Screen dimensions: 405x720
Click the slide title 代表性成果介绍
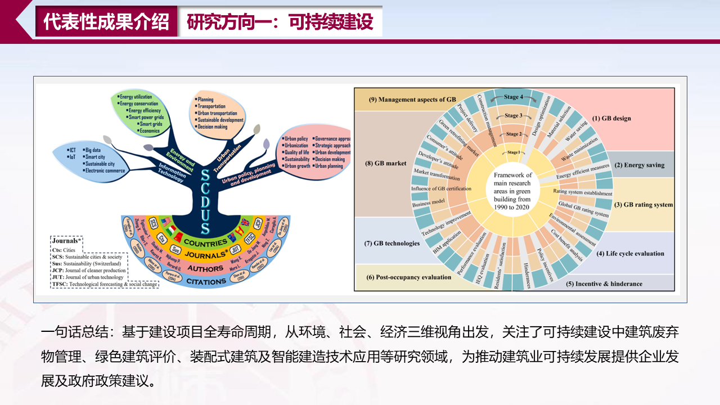[x=106, y=21]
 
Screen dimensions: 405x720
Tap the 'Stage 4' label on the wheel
[x=511, y=97]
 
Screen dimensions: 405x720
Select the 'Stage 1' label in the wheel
[x=513, y=152]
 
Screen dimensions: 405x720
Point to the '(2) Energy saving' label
[x=640, y=165]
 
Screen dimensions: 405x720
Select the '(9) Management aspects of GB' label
[x=412, y=100]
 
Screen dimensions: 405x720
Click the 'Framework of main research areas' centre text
[x=512, y=191]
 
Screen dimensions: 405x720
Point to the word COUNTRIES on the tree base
[x=205, y=242]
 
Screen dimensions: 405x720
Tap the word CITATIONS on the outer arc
[x=206, y=281]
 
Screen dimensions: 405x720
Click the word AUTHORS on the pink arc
[x=206, y=269]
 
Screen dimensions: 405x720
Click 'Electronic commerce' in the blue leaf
[x=105, y=171]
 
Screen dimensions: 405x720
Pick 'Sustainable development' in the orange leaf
[x=220, y=120]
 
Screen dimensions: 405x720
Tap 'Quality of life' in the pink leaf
[x=296, y=152]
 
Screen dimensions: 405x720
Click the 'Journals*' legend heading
[x=66, y=241]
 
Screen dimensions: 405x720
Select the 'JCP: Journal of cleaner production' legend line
[x=89, y=271]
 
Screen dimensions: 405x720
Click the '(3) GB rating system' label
[x=643, y=205]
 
